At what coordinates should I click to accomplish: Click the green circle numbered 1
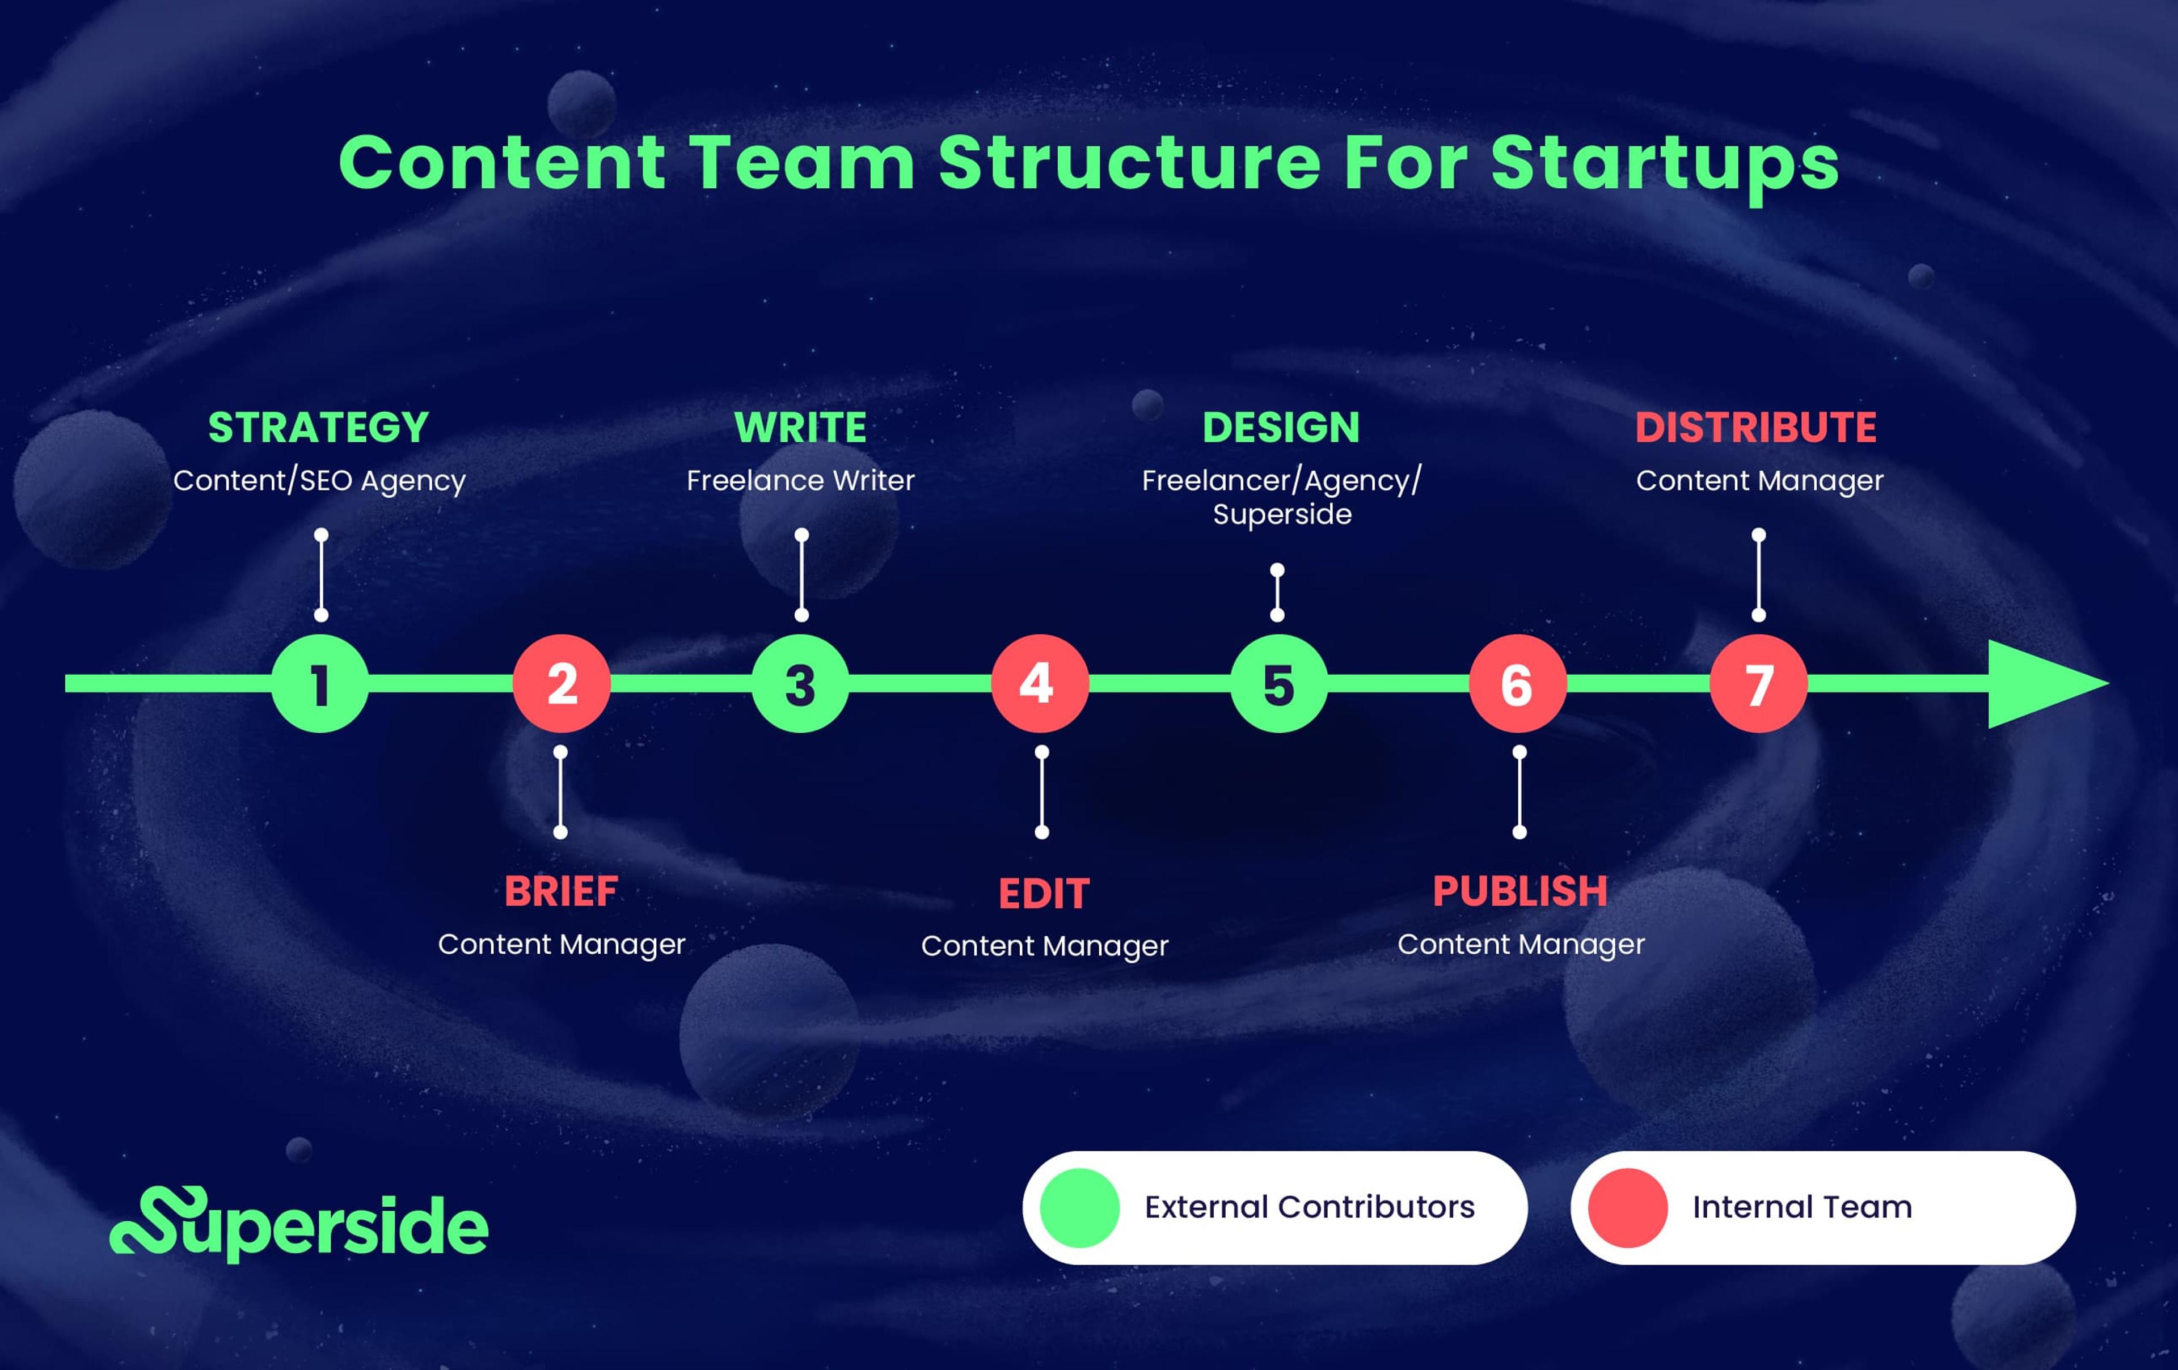[x=320, y=684]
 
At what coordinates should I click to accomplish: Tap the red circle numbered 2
[x=561, y=684]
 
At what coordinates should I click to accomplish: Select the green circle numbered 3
[x=800, y=684]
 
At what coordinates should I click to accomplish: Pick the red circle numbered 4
[x=1039, y=684]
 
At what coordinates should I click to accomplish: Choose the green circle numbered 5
[x=1278, y=684]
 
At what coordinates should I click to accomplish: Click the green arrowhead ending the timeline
[x=2040, y=684]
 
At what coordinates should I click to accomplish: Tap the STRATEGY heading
[x=318, y=428]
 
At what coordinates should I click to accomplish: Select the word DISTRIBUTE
[x=1755, y=428]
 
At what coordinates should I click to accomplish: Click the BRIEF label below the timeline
[x=561, y=891]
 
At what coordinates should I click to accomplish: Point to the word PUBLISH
[x=1519, y=891]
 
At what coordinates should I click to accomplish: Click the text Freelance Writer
[x=800, y=480]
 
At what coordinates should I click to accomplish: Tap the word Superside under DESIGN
[x=1282, y=514]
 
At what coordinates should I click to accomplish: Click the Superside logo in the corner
[x=298, y=1225]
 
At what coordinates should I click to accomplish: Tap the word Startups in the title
[x=1664, y=164]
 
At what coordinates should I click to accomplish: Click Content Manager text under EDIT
[x=1044, y=946]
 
